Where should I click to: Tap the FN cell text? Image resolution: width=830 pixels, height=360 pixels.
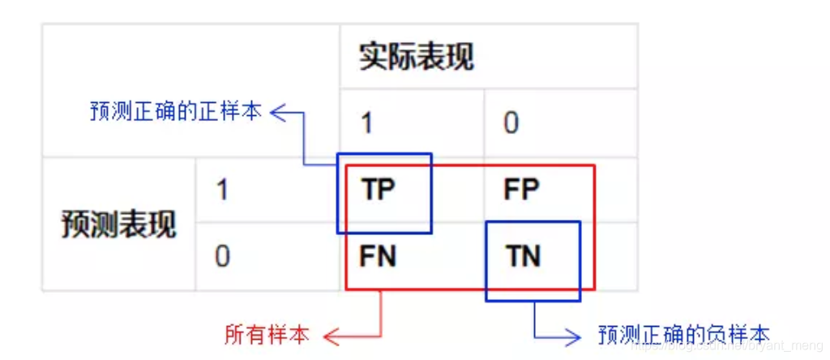click(378, 256)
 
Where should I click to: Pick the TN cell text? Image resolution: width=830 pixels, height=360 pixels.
click(524, 256)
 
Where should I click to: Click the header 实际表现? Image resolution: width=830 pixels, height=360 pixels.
click(416, 58)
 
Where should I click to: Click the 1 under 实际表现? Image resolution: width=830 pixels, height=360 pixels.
click(366, 123)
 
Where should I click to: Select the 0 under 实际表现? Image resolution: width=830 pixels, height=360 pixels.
click(511, 123)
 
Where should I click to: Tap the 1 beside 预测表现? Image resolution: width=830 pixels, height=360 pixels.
click(221, 190)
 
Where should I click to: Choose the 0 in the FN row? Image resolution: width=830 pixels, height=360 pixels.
click(222, 256)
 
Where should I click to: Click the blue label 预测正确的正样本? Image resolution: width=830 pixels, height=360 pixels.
click(176, 112)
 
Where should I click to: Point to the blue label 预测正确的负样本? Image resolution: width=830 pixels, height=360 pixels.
click(683, 334)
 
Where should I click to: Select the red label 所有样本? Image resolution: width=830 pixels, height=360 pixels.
click(267, 334)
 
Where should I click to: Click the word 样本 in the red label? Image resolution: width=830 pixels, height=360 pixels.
click(288, 334)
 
